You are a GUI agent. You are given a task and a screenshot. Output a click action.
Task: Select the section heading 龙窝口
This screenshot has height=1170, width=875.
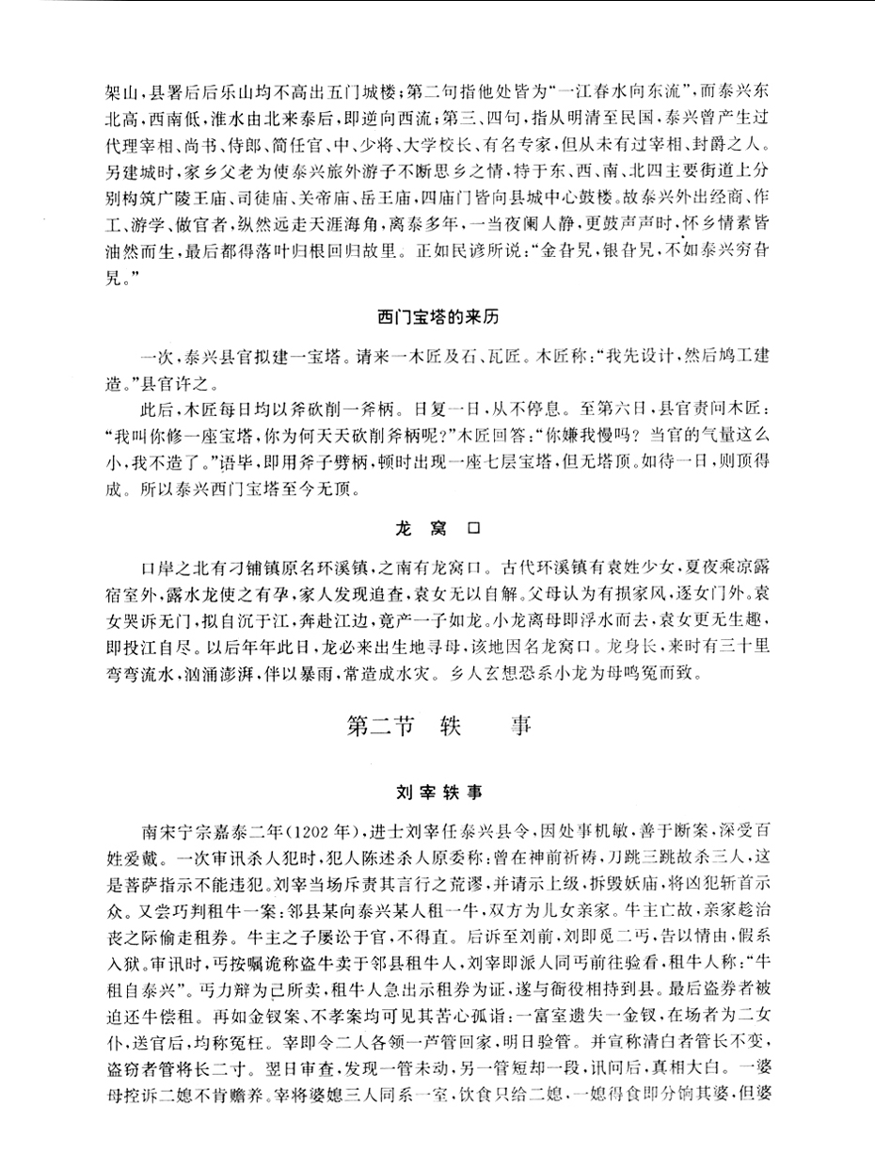click(x=437, y=530)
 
